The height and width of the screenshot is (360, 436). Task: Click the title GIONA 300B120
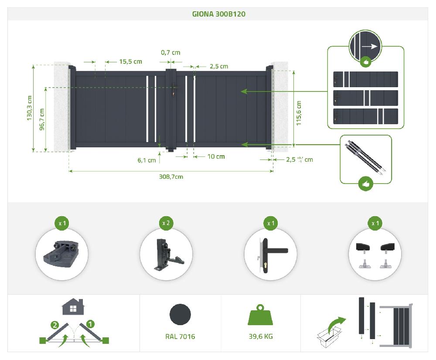click(x=219, y=14)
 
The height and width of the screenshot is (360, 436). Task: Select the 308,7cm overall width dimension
click(x=170, y=177)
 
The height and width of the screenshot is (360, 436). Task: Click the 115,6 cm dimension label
click(x=299, y=113)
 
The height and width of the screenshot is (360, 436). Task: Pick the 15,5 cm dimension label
click(x=130, y=62)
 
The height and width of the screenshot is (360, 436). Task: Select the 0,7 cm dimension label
click(x=170, y=53)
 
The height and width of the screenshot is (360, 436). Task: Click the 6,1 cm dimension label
click(x=146, y=160)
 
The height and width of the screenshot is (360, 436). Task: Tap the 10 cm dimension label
click(x=216, y=156)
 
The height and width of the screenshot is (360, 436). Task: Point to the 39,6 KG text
click(x=260, y=336)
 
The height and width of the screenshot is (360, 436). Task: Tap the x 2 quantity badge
click(x=166, y=223)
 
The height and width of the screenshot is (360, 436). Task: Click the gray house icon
click(x=73, y=307)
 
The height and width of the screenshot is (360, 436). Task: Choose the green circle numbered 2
click(x=54, y=325)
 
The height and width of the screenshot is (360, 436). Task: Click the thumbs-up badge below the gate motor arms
click(x=365, y=184)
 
